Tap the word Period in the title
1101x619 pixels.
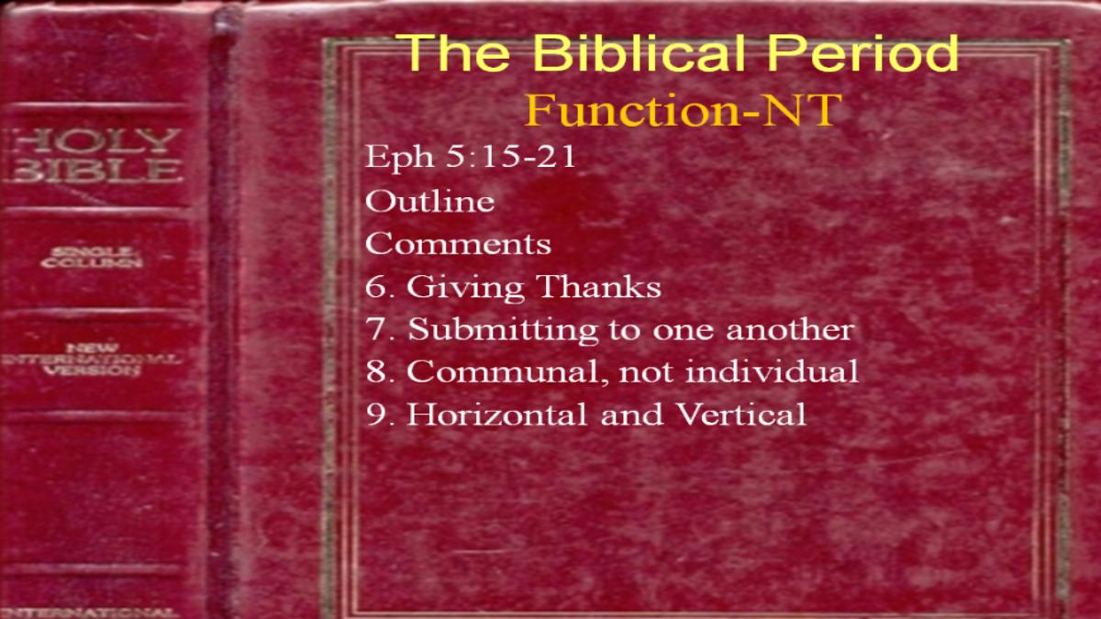coord(863,52)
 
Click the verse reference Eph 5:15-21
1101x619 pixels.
coord(470,157)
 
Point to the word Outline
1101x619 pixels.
coord(429,201)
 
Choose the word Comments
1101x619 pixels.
coord(458,244)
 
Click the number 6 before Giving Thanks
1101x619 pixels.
coord(376,286)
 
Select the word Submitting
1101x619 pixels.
coord(503,329)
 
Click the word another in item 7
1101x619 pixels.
coord(790,329)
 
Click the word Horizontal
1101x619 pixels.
coord(497,414)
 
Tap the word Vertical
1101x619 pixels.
coord(741,414)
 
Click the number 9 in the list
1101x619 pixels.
coord(376,415)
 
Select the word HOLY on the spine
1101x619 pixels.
coord(95,141)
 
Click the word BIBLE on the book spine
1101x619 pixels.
coord(95,171)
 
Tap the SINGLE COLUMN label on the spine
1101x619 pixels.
coord(92,258)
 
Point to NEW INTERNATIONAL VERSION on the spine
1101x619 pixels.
coord(92,359)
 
